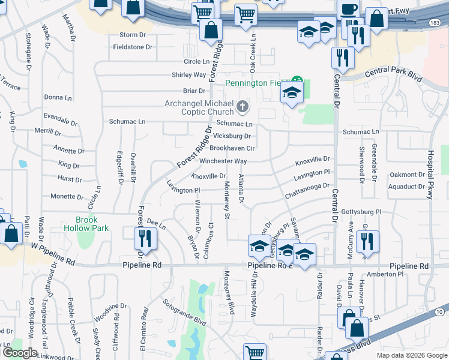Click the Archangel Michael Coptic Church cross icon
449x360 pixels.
[x=243, y=107]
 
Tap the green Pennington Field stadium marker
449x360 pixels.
[x=296, y=83]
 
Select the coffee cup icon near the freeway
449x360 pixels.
[x=348, y=10]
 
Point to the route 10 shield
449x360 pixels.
[x=439, y=312]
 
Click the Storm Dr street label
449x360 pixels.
[x=133, y=35]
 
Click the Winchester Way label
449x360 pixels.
[x=223, y=161]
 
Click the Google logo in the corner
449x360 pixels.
[x=20, y=353]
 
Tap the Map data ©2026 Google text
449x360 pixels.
[x=411, y=355]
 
